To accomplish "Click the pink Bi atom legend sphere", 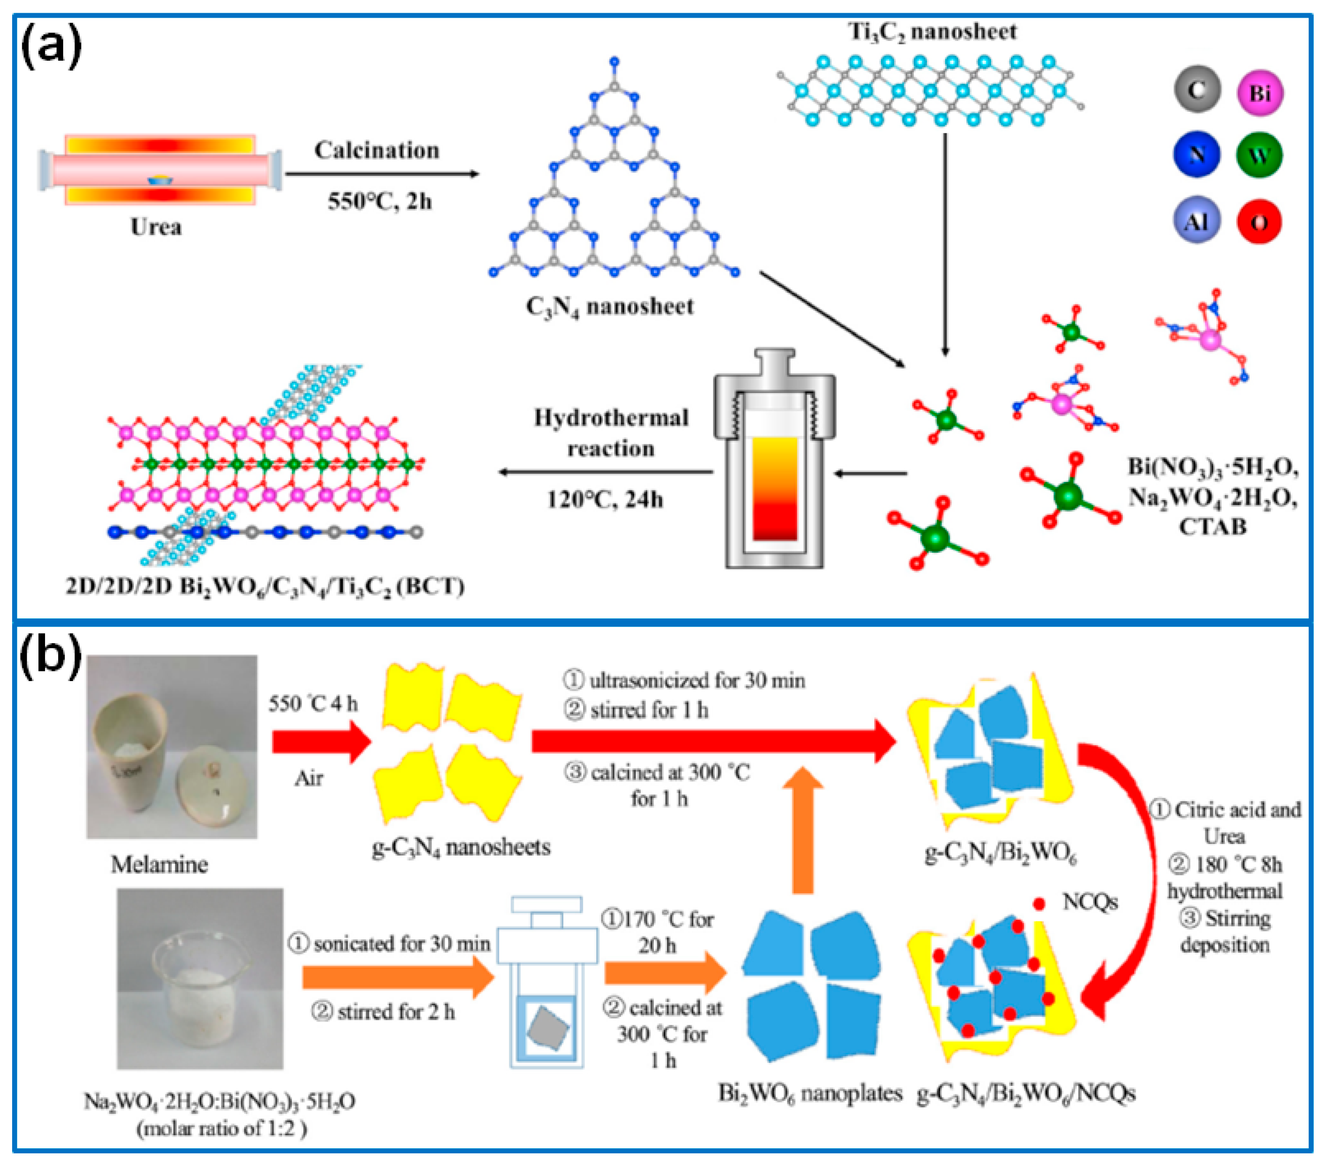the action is coord(1260,93).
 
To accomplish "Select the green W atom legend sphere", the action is coord(1260,155).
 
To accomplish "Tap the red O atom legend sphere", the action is coord(1260,221).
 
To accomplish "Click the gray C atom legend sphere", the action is coord(1198,90).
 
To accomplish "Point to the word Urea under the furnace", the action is coord(156,227).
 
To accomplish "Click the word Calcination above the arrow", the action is coord(377,150).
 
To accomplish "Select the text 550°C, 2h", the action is coord(379,201).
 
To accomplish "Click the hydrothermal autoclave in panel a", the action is coord(774,459).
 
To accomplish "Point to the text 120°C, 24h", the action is coord(605,500).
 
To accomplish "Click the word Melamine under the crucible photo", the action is coord(159,864).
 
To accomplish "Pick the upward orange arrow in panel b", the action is coord(804,830).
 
